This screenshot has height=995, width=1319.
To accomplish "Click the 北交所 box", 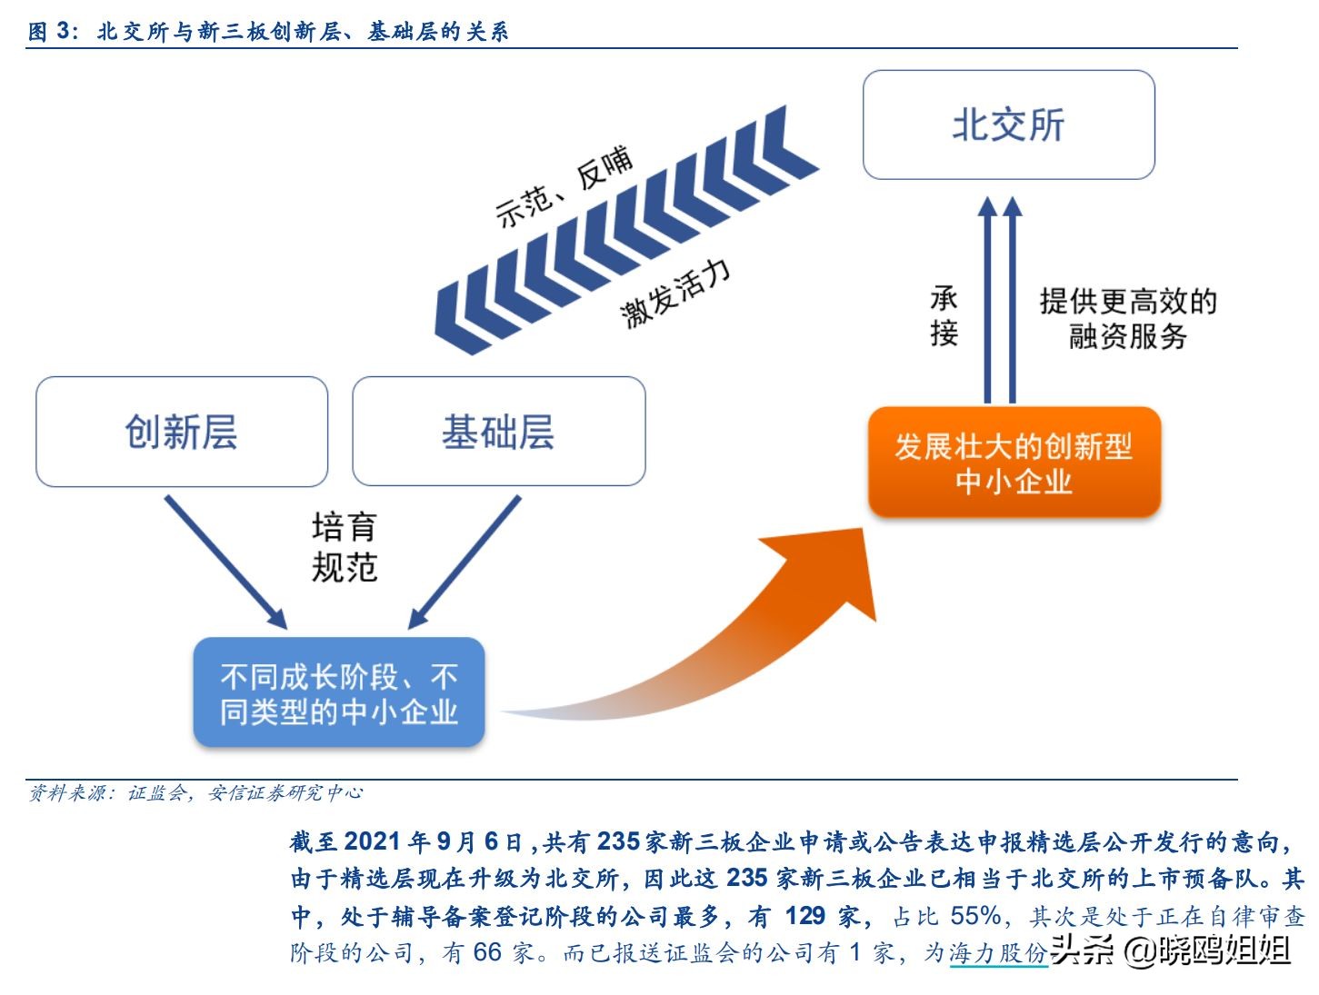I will [x=1008, y=125].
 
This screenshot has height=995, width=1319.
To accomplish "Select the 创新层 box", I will [x=182, y=432].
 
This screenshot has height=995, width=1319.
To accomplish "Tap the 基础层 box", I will [x=498, y=432].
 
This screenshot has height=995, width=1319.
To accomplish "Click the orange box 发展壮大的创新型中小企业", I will [x=1014, y=463].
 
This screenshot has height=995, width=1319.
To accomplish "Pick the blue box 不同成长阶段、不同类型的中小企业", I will [x=338, y=693].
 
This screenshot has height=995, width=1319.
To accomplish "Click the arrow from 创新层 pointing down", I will [x=225, y=562].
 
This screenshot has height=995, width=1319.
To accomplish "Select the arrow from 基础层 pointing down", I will [x=465, y=562].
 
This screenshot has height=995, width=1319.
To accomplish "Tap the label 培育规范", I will [x=344, y=547].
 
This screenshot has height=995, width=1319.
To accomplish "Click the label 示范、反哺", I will [x=564, y=186].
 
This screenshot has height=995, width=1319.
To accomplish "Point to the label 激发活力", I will [x=675, y=292].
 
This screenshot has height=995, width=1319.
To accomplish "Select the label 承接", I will [x=944, y=315].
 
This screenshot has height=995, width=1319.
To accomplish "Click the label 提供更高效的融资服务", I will [x=1128, y=318].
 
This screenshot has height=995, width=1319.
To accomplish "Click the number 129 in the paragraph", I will [x=804, y=916].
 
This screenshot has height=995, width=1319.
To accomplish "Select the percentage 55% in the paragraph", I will [x=976, y=916].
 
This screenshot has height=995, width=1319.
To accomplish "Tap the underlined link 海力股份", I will [x=998, y=953].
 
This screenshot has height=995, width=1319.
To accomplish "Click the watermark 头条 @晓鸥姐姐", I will [x=1172, y=950].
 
